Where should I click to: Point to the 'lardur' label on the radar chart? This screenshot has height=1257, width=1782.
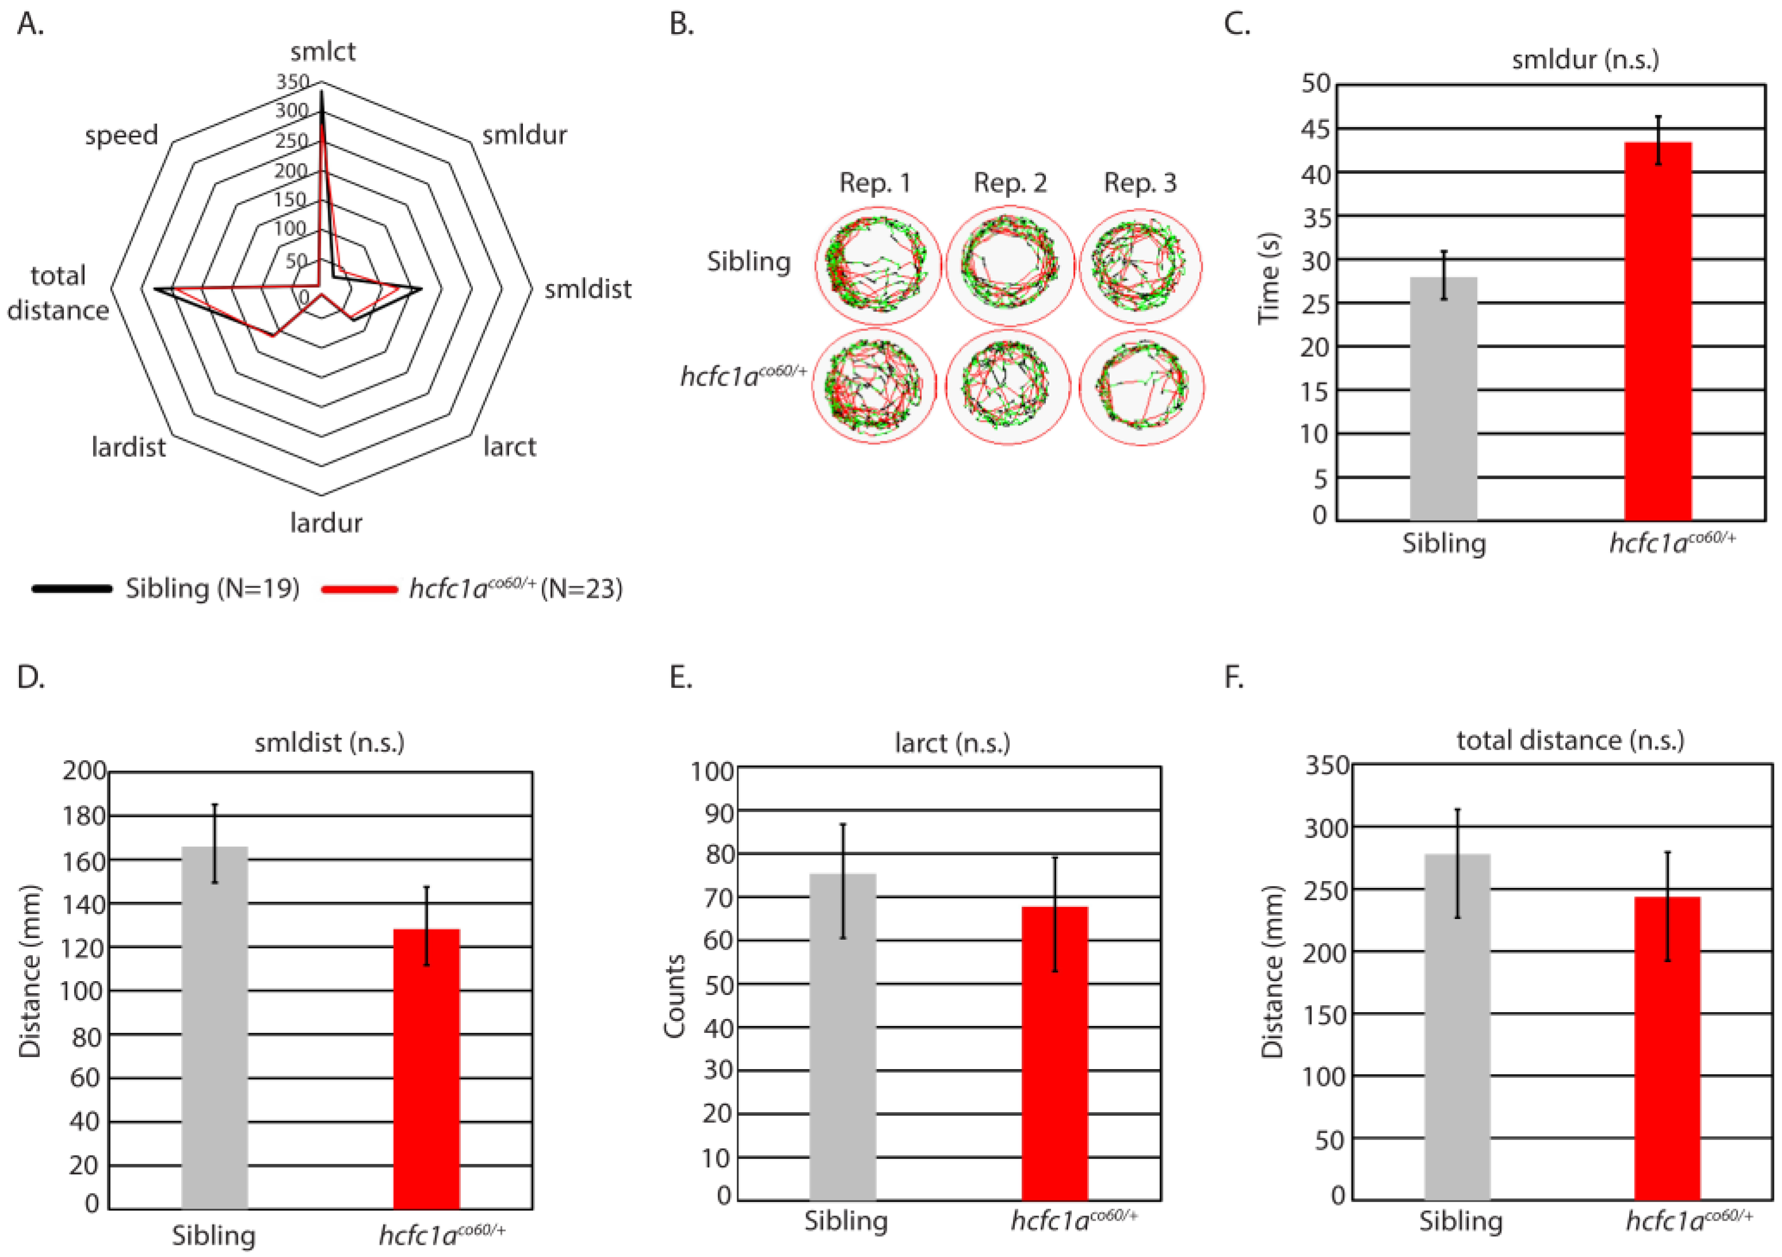coord(326,523)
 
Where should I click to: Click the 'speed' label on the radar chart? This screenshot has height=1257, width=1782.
coord(121,135)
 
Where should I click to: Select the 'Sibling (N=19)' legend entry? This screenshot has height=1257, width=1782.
coord(212,589)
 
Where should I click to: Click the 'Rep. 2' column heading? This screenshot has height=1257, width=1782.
coord(1010,183)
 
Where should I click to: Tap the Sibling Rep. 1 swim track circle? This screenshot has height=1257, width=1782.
coord(877,266)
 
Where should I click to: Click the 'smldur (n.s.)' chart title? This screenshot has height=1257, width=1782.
coord(1585,60)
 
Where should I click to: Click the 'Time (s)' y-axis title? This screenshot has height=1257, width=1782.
coord(1268,278)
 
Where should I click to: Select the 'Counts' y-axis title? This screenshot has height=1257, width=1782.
coord(675,995)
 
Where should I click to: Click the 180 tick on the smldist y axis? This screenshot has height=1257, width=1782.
coord(84,816)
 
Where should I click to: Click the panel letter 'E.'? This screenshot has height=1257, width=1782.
coord(680,678)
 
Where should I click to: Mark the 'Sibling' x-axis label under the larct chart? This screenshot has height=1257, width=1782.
coord(845,1221)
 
